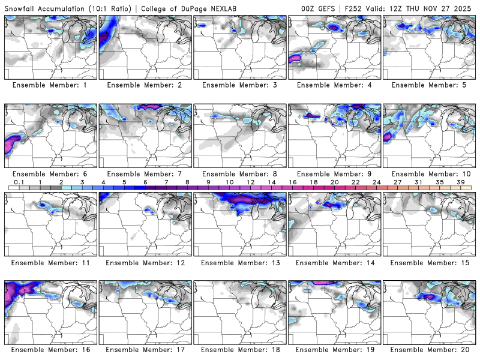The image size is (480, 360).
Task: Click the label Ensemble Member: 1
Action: tap(51, 85)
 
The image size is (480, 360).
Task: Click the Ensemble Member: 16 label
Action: tap(51, 349)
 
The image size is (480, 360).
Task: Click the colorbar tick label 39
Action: tap(460, 181)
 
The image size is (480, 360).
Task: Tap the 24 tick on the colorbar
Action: tap(376, 181)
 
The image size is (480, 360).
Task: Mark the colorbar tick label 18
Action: tap(313, 181)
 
